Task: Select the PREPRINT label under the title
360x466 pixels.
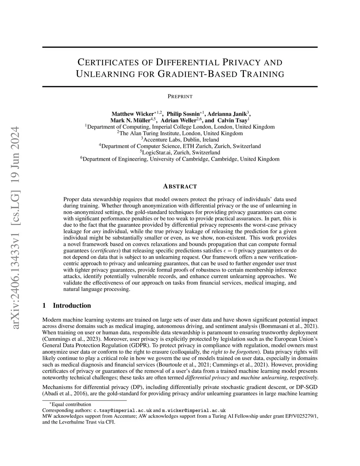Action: [180, 96]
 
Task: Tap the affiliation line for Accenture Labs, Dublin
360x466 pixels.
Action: [180, 140]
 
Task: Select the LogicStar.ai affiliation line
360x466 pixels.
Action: [180, 153]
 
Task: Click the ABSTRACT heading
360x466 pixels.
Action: [180, 186]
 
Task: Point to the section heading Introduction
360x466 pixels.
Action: [72, 306]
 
